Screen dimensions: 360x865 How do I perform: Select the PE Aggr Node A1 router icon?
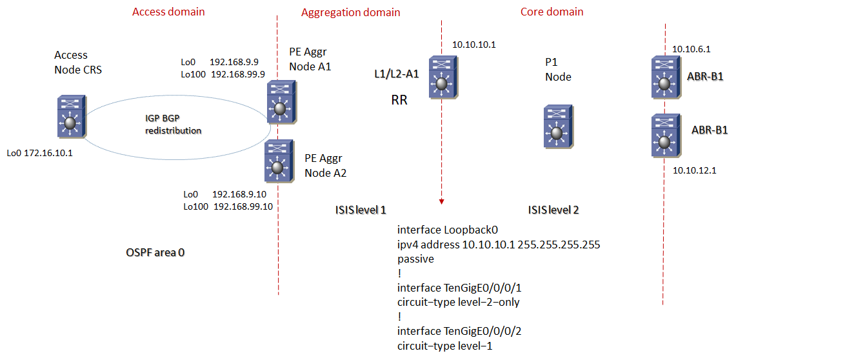tap(280, 102)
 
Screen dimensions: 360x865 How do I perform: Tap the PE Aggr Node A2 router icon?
tap(278, 161)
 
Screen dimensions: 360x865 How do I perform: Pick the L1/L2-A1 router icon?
tap(442, 77)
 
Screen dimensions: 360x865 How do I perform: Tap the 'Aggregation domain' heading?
tap(350, 12)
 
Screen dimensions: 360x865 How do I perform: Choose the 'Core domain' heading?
tap(552, 12)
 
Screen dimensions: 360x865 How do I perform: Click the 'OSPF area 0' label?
tap(155, 252)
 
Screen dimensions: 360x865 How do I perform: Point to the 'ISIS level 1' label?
tap(360, 210)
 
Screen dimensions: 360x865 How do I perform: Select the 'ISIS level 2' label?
tap(553, 210)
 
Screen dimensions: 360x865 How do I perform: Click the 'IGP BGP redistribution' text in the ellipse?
tap(172, 125)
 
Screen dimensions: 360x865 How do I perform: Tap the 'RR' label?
tap(400, 101)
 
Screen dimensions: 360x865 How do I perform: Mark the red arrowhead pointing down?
tap(442, 201)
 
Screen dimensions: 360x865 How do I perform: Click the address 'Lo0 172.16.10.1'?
tap(40, 154)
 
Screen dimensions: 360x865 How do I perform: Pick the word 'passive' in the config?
tap(415, 259)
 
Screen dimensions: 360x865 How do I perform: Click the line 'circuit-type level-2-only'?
tap(459, 302)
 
